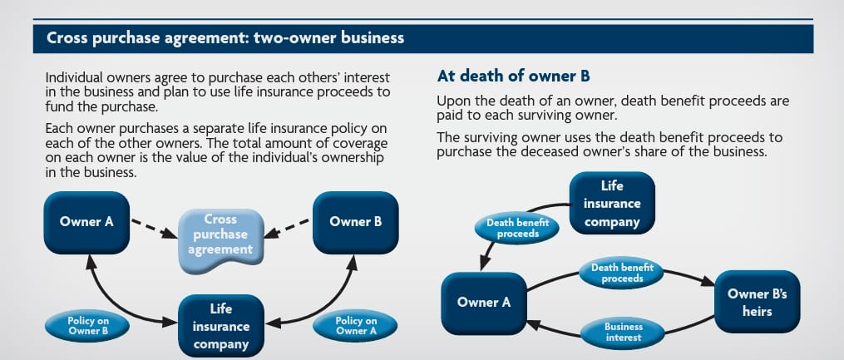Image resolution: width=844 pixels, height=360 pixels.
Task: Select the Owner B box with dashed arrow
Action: click(x=355, y=222)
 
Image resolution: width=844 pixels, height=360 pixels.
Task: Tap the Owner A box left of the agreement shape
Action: click(x=86, y=222)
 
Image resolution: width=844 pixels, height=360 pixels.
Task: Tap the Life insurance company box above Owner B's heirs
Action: click(x=612, y=204)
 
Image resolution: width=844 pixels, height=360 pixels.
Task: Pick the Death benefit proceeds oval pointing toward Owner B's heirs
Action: click(x=622, y=274)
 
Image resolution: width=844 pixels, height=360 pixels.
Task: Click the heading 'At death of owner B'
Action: click(x=513, y=76)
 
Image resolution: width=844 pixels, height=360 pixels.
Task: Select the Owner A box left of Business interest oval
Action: click(x=483, y=303)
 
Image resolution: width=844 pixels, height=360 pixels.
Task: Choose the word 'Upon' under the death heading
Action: click(x=452, y=101)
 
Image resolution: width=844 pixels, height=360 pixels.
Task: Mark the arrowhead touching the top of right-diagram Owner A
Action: click(x=482, y=267)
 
